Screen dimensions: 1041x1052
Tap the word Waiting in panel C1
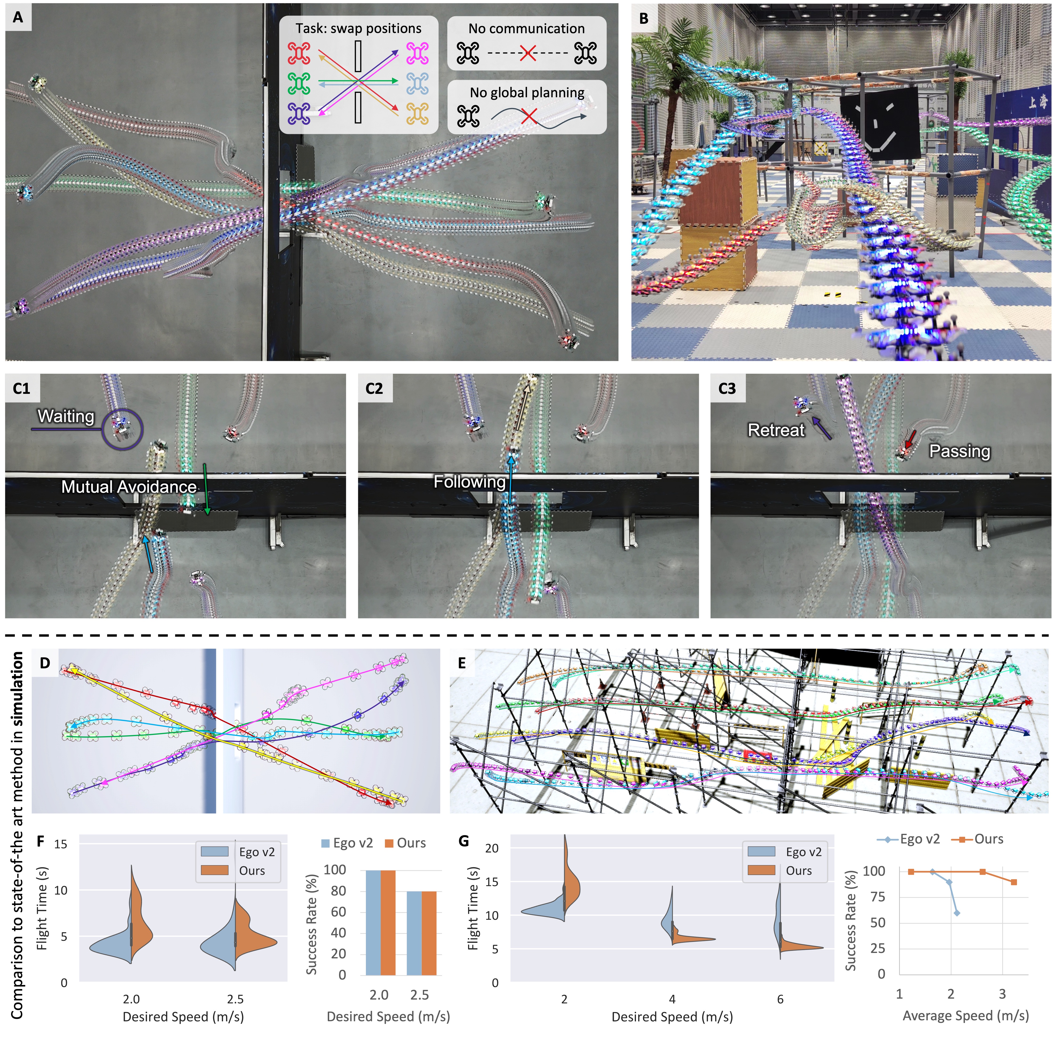pos(66,416)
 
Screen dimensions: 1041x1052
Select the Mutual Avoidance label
pos(129,487)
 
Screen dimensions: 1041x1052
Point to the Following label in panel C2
pos(469,482)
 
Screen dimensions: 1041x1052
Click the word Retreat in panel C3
pos(776,430)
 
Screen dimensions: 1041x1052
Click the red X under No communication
pos(527,53)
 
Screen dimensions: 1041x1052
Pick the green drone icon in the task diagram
pos(299,83)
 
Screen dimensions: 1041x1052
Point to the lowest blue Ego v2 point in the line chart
pos(957,913)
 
